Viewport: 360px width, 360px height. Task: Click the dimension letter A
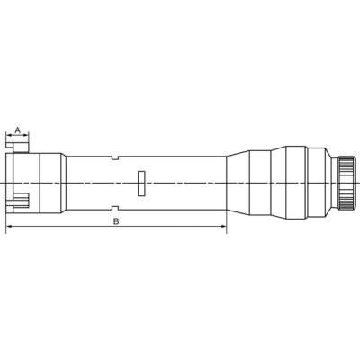coord(18,130)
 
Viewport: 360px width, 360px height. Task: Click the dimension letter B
coord(116,221)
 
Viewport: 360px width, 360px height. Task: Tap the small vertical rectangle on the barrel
coord(141,184)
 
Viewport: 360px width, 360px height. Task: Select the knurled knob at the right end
coord(347,183)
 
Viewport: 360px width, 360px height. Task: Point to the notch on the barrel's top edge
coord(115,158)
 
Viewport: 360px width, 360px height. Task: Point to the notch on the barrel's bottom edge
coord(115,208)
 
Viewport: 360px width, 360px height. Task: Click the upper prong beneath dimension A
coord(17,148)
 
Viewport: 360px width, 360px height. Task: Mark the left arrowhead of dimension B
coord(9,227)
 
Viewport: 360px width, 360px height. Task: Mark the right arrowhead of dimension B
coord(223,227)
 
